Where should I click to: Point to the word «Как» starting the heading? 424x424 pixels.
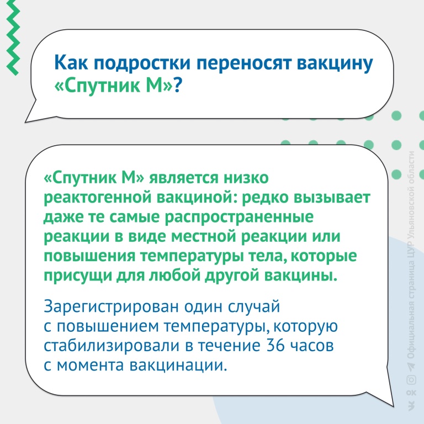coord(71,63)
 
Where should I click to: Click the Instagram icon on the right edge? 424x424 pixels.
coord(411,380)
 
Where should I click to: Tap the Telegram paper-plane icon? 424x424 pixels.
coord(411,367)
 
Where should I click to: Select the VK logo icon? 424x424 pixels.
coord(411,406)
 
